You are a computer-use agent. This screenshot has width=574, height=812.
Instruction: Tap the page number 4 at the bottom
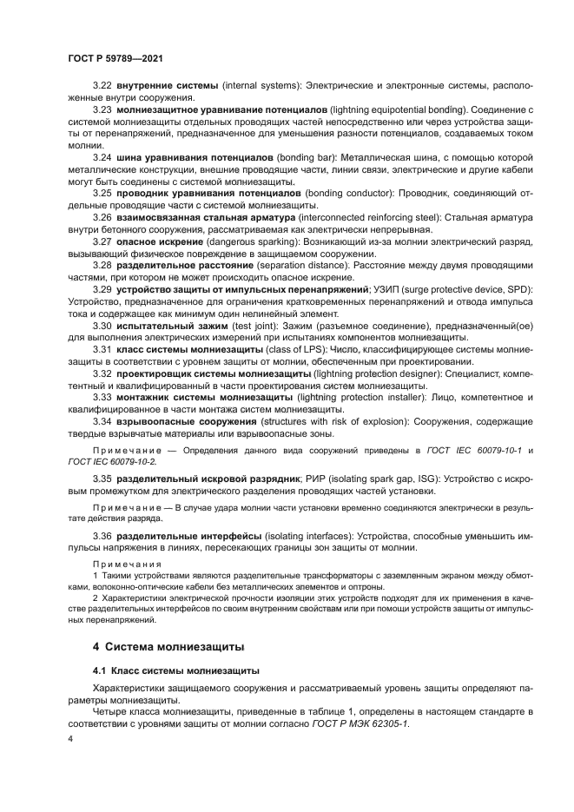tap(70, 739)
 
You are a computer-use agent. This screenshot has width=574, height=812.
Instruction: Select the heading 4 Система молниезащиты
tap(168, 646)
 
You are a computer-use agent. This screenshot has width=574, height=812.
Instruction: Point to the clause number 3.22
tap(102, 87)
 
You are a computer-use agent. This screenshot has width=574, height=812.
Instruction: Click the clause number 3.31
tap(102, 348)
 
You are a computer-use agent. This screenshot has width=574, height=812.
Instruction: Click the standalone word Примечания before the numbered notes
tap(127, 564)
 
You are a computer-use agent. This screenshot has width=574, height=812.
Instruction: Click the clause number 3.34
tap(102, 421)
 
